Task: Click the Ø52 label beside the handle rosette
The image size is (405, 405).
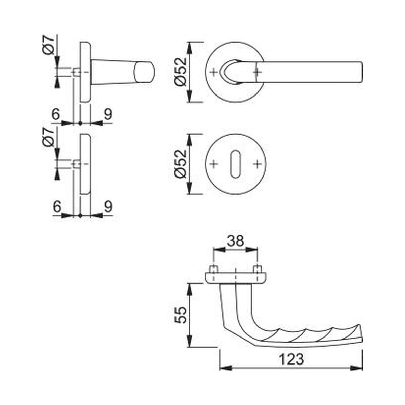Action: coord(181,72)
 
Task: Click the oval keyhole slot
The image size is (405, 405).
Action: coord(235,164)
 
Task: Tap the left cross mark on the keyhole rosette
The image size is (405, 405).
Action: coord(214,164)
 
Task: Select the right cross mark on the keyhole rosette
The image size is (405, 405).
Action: coord(257,164)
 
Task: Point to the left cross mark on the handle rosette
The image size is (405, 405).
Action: coord(214,72)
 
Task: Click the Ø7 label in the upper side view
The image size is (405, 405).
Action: coord(49,46)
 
